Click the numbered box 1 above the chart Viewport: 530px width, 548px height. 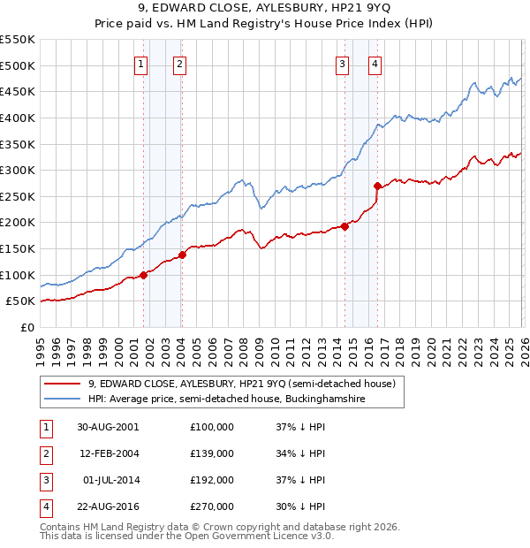(142, 63)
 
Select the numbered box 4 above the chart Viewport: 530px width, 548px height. (375, 63)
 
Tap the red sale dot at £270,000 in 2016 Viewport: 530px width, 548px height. (377, 186)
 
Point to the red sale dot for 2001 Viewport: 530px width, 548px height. (143, 275)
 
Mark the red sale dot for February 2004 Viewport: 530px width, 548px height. (182, 255)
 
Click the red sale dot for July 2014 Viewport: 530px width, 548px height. (344, 226)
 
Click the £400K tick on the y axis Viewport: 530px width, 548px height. (18, 118)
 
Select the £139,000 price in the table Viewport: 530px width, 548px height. (212, 453)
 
